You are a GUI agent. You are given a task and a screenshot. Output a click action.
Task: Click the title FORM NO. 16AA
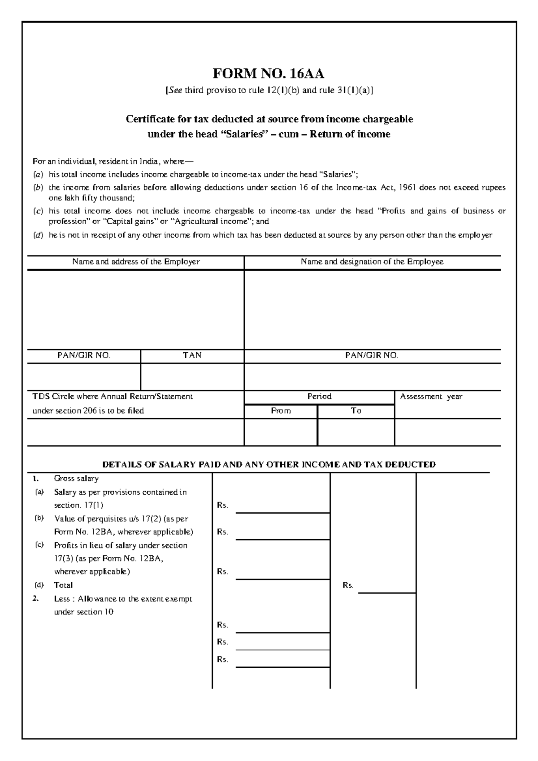269,73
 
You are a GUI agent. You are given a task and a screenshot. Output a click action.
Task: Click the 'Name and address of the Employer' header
136,262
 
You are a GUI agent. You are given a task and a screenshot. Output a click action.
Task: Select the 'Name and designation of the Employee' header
372,262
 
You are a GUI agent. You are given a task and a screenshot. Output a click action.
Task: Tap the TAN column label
192,355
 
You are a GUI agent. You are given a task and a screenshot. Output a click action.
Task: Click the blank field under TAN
192,376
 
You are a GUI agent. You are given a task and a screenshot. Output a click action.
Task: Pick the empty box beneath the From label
281,432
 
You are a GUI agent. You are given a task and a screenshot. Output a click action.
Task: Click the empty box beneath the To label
356,432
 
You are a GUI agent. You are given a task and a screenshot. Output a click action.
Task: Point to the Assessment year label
431,397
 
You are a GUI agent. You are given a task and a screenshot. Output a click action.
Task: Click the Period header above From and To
319,397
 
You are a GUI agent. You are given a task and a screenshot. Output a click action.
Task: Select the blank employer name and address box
136,309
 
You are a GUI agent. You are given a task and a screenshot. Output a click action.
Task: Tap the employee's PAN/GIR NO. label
372,355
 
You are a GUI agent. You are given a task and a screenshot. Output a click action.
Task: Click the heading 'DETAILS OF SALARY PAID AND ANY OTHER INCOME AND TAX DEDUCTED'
269,465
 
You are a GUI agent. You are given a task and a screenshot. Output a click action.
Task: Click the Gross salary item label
76,479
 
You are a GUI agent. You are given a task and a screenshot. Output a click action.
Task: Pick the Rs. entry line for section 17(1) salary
282,508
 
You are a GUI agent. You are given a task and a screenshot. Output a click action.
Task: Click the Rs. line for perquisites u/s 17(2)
282,535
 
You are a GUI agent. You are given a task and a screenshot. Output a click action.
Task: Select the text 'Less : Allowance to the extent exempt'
123,599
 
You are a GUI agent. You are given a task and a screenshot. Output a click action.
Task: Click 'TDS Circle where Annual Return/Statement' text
113,397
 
